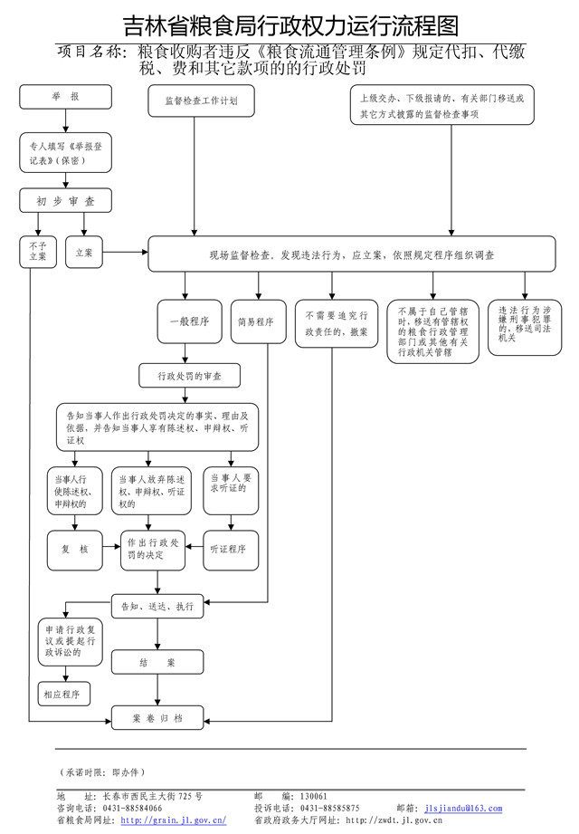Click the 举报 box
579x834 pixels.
click(x=65, y=97)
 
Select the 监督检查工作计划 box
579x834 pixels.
click(x=195, y=101)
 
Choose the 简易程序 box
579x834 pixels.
click(x=256, y=321)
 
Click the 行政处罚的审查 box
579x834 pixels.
click(x=189, y=374)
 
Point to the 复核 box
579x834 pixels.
click(x=76, y=549)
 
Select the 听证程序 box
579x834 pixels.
click(x=233, y=549)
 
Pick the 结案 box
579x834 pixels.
click(x=157, y=663)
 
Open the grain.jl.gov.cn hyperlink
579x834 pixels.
click(x=173, y=820)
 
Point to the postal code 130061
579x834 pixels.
click(x=314, y=796)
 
